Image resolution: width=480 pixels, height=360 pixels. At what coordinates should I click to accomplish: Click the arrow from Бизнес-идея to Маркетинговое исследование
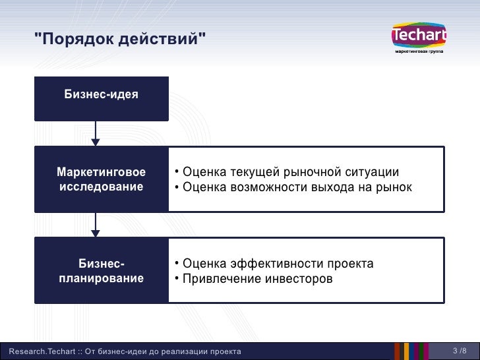pos(96,133)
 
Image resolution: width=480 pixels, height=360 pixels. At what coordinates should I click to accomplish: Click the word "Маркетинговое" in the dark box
pos(102,173)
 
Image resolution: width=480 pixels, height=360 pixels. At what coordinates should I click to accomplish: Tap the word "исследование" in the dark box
pos(102,187)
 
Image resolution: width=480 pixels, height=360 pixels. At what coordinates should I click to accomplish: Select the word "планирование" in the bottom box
pos(102,278)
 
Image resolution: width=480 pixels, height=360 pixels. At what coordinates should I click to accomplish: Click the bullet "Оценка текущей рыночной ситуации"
pos(287,173)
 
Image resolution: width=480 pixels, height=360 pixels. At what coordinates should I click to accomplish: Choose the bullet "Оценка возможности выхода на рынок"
pos(293,187)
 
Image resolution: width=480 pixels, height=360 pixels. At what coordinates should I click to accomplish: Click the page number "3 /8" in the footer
pos(460,351)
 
